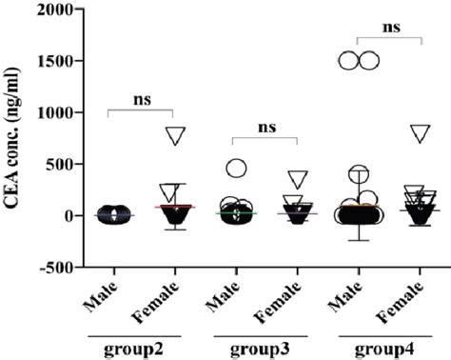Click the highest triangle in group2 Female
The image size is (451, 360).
click(173, 134)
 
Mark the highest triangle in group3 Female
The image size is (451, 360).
click(297, 178)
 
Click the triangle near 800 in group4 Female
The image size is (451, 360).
click(420, 132)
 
